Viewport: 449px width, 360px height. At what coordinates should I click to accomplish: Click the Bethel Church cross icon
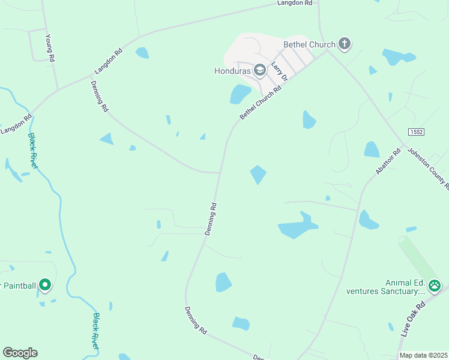(344, 43)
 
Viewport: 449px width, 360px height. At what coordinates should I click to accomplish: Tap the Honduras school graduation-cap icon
(260, 71)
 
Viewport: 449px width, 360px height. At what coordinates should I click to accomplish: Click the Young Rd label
(50, 49)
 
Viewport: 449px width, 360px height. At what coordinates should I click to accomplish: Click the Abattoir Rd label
(387, 161)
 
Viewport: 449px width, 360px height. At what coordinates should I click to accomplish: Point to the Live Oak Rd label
(412, 317)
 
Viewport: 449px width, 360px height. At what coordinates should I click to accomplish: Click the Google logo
(20, 353)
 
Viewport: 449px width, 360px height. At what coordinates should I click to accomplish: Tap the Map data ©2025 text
(423, 355)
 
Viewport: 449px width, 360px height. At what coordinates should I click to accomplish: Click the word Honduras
(232, 71)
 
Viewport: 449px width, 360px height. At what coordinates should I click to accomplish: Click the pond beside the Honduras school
(240, 94)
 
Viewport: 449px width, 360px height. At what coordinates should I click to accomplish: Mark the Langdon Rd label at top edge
(295, 3)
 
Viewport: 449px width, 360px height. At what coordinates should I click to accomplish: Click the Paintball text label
(18, 286)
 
